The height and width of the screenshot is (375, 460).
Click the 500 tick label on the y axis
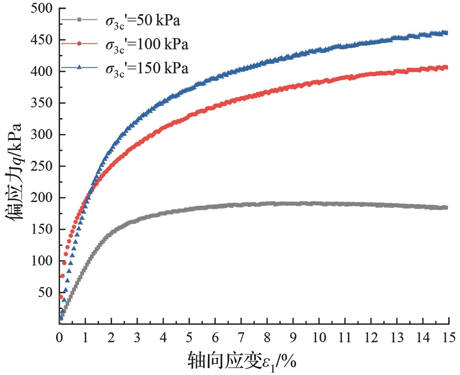pyautogui.click(x=42, y=9)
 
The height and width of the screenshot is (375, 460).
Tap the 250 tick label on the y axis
pyautogui.click(x=42, y=166)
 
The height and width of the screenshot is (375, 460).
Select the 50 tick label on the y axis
pyautogui.click(x=45, y=292)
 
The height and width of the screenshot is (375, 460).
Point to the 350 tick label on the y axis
pyautogui.click(x=42, y=103)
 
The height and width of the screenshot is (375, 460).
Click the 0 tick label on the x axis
pyautogui.click(x=59, y=337)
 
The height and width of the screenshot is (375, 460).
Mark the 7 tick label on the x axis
pyautogui.click(x=241, y=337)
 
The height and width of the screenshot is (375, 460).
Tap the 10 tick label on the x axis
pyautogui.click(x=319, y=337)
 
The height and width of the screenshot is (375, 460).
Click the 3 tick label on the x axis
pyautogui.click(x=137, y=337)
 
